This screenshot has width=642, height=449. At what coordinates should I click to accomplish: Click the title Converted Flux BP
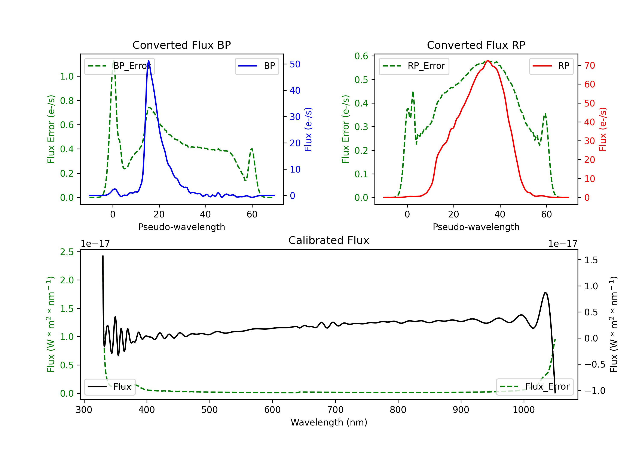click(181, 45)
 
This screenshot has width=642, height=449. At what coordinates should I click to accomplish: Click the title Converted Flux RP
click(476, 45)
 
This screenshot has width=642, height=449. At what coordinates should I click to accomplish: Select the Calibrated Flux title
click(329, 240)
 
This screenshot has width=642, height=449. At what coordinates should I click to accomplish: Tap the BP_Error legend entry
click(119, 66)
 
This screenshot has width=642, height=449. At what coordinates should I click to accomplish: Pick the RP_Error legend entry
click(414, 66)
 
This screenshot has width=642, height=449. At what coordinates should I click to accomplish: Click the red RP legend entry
click(551, 66)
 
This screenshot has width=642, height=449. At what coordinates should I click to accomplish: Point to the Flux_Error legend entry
click(535, 387)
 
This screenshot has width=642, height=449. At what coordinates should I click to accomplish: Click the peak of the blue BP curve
click(149, 61)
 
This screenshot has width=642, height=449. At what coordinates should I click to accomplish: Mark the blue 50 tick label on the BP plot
click(295, 64)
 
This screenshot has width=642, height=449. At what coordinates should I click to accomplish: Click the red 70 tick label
click(589, 65)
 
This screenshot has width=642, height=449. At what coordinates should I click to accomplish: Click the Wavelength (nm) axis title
click(329, 422)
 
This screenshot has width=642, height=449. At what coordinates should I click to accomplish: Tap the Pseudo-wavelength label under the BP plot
click(181, 227)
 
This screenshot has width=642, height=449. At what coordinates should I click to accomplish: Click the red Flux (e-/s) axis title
click(603, 129)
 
